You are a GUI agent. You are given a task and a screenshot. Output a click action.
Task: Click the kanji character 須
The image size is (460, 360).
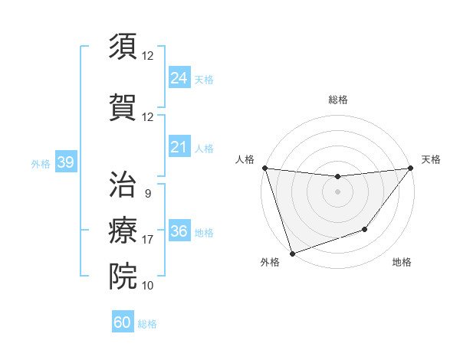pyautogui.click(x=123, y=47)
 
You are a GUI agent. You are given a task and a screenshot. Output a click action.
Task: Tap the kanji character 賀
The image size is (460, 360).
pyautogui.click(x=123, y=106)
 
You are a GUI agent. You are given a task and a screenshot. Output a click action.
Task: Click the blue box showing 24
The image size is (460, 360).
pyautogui.click(x=179, y=77)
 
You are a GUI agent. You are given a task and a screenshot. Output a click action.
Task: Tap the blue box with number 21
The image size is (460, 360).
pyautogui.click(x=179, y=148)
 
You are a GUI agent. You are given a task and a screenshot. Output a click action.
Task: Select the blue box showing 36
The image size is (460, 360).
pyautogui.click(x=179, y=231)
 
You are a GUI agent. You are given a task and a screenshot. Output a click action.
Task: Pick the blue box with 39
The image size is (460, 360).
pyautogui.click(x=65, y=162)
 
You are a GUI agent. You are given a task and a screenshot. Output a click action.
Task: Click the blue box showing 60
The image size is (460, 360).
pyautogui.click(x=123, y=322)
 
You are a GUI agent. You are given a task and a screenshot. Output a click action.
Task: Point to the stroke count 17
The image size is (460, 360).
pyautogui.click(x=147, y=240)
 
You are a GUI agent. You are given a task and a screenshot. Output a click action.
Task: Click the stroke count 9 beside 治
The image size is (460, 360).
pyautogui.click(x=147, y=195)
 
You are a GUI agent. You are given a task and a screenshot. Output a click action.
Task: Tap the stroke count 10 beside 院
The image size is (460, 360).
pyautogui.click(x=147, y=286)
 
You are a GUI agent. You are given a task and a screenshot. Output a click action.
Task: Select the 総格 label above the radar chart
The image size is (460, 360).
pyautogui.click(x=337, y=100)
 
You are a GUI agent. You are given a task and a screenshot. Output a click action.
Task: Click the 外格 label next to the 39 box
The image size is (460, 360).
pyautogui.click(x=40, y=163)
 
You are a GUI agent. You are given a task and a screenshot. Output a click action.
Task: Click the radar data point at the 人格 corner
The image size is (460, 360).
pyautogui.click(x=264, y=168)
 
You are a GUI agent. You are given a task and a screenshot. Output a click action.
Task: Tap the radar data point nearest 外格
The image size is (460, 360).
pyautogui.click(x=292, y=253)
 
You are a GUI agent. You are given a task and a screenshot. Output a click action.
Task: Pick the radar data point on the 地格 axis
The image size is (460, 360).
pyautogui.click(x=365, y=229)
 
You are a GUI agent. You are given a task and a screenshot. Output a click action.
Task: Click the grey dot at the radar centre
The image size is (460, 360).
pyautogui.click(x=337, y=191)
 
